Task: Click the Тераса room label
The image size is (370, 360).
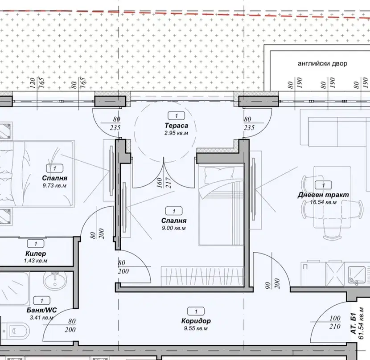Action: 176,126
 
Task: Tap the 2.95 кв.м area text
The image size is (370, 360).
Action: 176,133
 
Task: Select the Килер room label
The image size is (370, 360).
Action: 36,254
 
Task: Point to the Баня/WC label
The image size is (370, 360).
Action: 41,310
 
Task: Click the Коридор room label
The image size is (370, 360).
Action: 196,321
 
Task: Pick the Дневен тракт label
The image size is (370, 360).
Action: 323,195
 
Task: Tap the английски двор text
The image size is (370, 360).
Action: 322,64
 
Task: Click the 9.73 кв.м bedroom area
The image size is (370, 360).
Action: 54,186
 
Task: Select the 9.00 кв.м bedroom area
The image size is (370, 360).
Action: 174,228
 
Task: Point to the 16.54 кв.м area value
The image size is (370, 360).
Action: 323,202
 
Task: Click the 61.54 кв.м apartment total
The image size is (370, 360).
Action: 361,323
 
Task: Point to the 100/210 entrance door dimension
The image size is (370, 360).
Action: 335,322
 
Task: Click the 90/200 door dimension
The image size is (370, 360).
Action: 272,283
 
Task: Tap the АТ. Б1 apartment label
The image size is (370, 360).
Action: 353,323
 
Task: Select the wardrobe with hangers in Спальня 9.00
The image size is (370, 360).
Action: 202,276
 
